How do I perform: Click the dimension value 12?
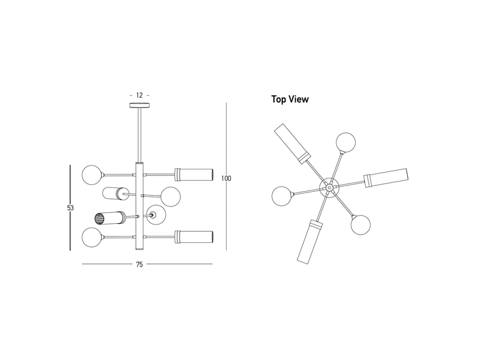(x=140, y=95)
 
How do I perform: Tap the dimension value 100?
(x=226, y=178)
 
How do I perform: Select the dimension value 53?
(x=70, y=208)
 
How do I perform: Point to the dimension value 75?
(x=140, y=265)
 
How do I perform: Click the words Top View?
(x=290, y=99)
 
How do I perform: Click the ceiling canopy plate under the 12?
(x=140, y=106)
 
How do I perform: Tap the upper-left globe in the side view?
(x=92, y=175)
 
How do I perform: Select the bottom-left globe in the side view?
(x=92, y=237)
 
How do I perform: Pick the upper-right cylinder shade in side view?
(x=193, y=175)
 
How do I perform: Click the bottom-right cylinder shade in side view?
(x=193, y=237)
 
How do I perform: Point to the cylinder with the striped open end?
(x=109, y=218)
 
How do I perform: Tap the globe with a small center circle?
(x=156, y=215)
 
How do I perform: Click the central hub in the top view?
(x=329, y=187)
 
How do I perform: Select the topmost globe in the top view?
(x=346, y=142)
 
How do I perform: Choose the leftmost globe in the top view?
(x=282, y=196)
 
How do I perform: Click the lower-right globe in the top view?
(x=360, y=225)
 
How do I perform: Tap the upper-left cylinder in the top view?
(x=292, y=144)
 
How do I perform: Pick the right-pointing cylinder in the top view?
(x=386, y=178)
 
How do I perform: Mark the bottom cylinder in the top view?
(x=310, y=241)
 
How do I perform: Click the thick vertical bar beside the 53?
(x=70, y=208)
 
